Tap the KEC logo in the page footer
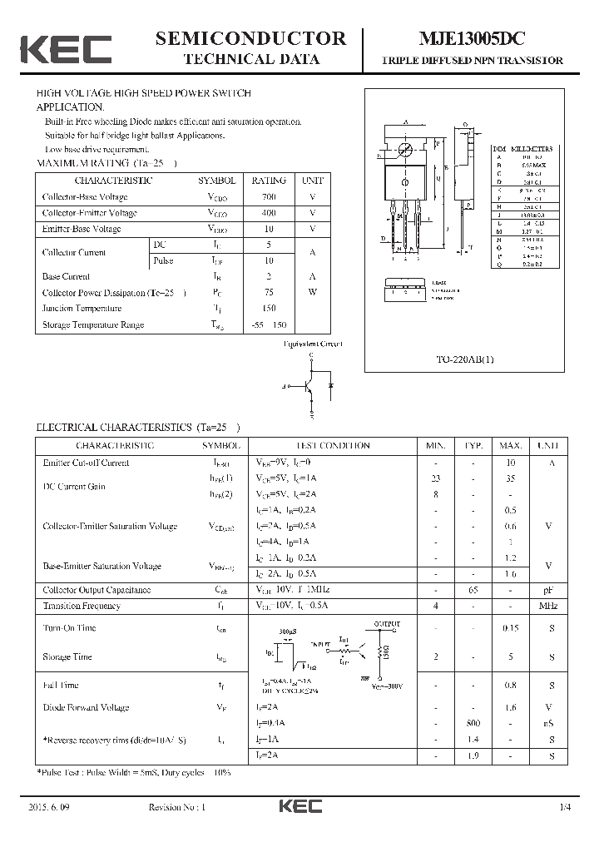point(299,807)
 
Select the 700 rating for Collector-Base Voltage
point(269,197)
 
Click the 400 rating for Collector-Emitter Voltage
point(269,213)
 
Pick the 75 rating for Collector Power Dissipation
point(269,292)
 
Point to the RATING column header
point(269,181)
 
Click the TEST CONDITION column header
point(333,446)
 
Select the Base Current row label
point(66,276)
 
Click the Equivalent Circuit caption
point(313,344)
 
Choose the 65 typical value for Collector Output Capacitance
point(473,590)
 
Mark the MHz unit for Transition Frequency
point(547,606)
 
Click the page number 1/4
point(566,808)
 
